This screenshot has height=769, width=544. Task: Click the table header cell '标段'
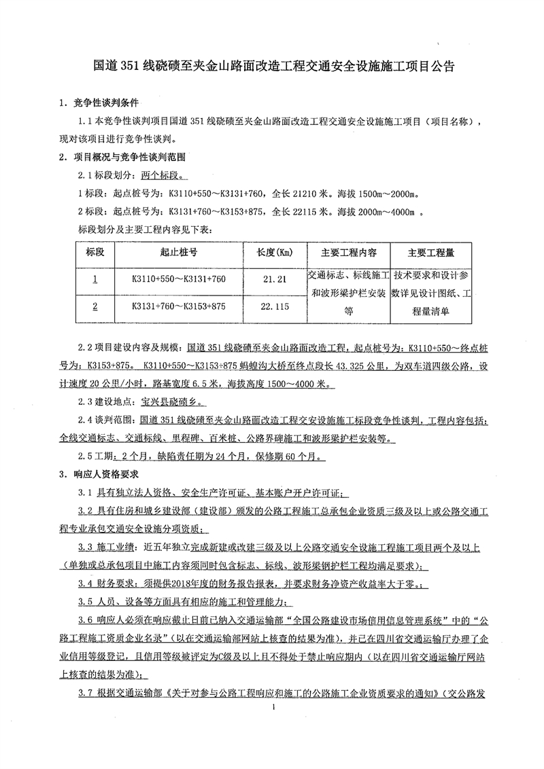[95, 253]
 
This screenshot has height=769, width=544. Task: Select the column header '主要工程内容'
[348, 253]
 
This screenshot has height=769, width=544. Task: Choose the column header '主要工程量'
[431, 253]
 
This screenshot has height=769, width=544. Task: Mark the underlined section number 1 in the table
[95, 279]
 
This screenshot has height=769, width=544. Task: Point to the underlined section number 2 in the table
[95, 306]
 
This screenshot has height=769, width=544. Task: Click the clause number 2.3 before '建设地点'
[87, 401]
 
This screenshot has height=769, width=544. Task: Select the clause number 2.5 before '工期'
[87, 455]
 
